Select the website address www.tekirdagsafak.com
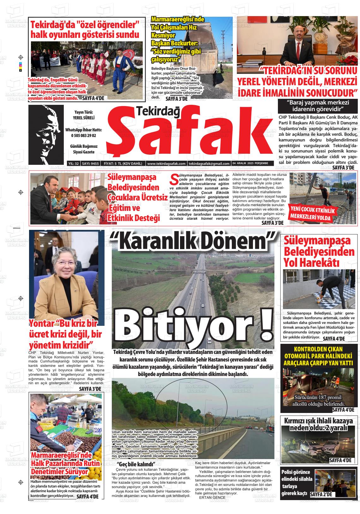[166, 164]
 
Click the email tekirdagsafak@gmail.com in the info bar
[209, 164]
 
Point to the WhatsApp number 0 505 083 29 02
[84, 135]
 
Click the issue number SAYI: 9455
[90, 164]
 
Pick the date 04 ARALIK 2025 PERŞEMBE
[250, 164]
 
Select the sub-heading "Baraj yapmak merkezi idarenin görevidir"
[318, 106]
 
